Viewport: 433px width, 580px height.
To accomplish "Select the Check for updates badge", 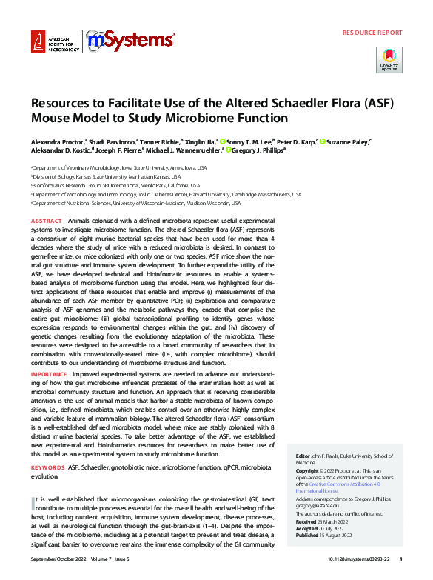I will pyautogui.click(x=390, y=60).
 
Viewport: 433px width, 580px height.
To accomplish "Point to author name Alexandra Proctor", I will pyautogui.click(x=58, y=140).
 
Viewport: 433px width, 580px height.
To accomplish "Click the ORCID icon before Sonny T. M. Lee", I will pyautogui.click(x=223, y=140).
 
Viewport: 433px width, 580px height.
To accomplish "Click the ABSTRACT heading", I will pyautogui.click(x=46, y=221).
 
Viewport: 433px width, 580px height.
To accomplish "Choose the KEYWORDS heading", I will pyautogui.click(x=47, y=468).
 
